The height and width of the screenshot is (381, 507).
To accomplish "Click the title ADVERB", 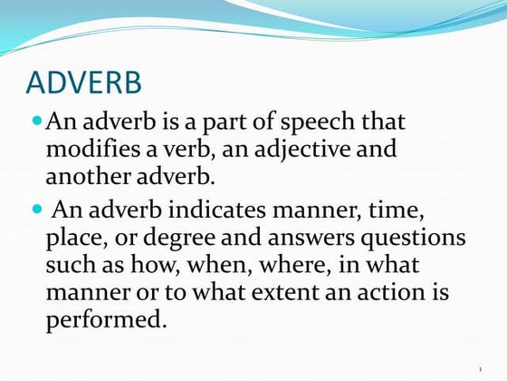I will coord(84,83).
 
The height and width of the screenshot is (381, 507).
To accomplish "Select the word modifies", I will coord(94,149).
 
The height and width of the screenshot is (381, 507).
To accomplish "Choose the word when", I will coord(226,267).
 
